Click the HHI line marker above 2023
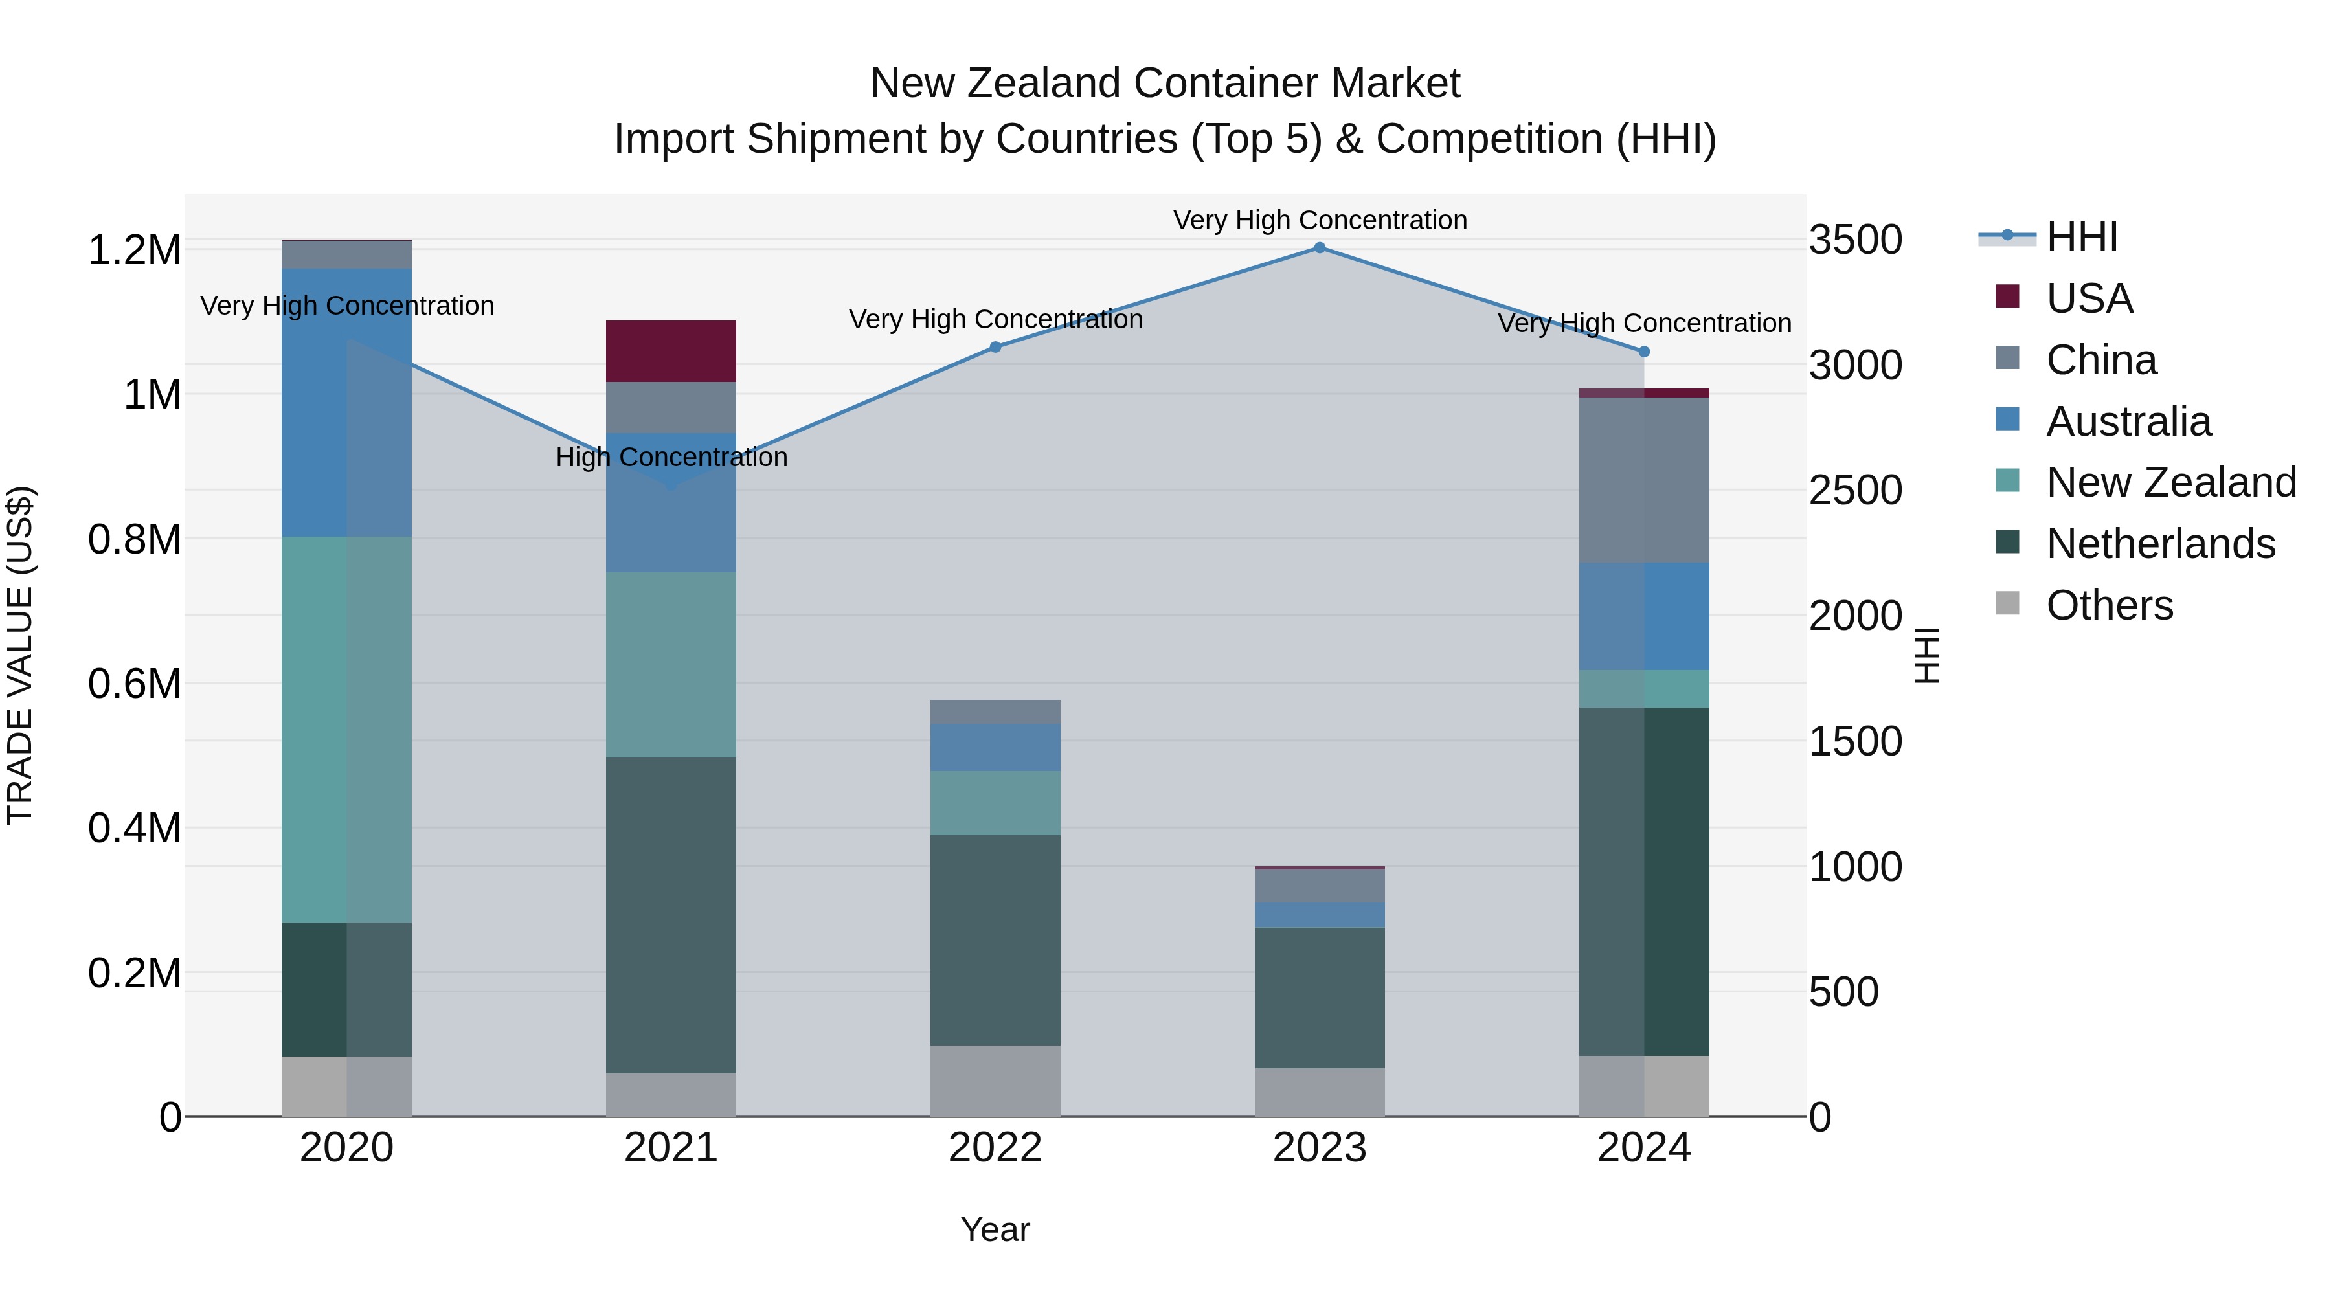1320,248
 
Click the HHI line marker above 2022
995,348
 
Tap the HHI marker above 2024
1644,352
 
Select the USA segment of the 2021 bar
671,351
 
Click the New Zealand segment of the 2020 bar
346,729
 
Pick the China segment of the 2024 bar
1644,480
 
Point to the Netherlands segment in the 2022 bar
995,940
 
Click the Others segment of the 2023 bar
1320,1092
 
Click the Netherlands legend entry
2159,544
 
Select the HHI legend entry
2081,237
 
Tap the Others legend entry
2108,606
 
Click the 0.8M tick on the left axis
135,540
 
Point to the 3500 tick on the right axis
1855,241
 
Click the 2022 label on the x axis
995,1148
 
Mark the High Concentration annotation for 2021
671,458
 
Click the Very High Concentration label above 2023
1320,221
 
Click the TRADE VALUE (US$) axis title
20,655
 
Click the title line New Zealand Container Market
1165,84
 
